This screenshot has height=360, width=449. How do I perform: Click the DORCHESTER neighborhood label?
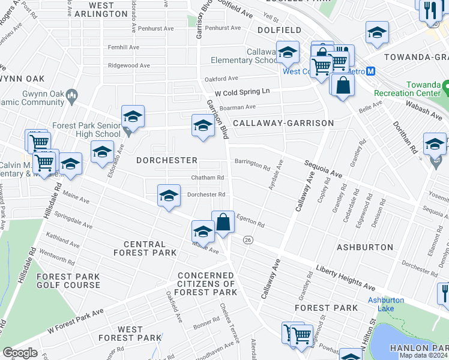(166, 160)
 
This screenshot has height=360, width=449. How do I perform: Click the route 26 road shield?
(247, 239)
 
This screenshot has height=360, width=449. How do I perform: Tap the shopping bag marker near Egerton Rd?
(223, 223)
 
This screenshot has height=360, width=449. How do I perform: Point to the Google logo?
(20, 352)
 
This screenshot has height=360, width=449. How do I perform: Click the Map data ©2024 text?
(423, 355)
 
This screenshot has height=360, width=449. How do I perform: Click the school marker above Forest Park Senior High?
(133, 116)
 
